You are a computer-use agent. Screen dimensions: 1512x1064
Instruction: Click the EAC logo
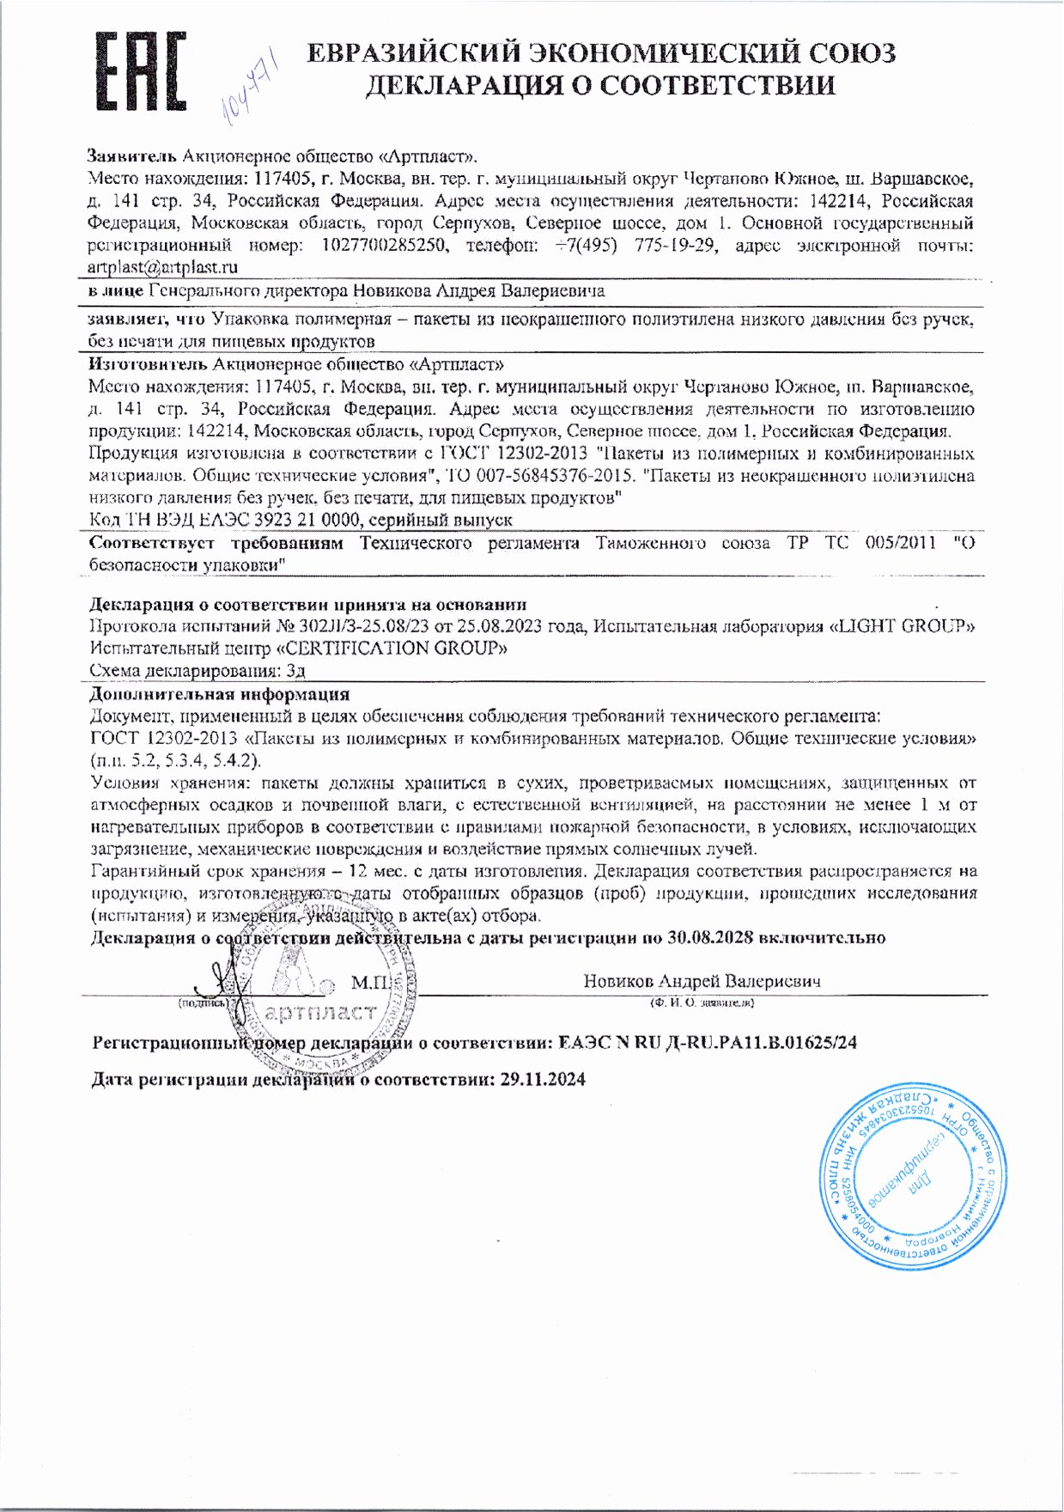[140, 73]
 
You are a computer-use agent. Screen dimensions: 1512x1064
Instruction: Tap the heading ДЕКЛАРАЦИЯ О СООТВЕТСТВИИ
[600, 86]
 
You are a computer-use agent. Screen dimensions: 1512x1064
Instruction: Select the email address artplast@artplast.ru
[163, 267]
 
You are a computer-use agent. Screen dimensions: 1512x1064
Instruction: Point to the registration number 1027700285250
[385, 246]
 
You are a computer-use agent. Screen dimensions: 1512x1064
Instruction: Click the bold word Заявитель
[131, 156]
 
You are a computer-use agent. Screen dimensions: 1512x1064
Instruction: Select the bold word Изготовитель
[148, 363]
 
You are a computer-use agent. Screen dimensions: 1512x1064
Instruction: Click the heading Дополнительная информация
[219, 694]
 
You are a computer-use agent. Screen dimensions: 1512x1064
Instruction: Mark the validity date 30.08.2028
[709, 937]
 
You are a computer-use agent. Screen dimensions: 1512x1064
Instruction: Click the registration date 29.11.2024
[543, 1079]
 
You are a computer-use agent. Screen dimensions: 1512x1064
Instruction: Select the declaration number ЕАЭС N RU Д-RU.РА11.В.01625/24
[707, 1043]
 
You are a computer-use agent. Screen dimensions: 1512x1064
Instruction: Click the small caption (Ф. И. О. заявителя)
[702, 1003]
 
